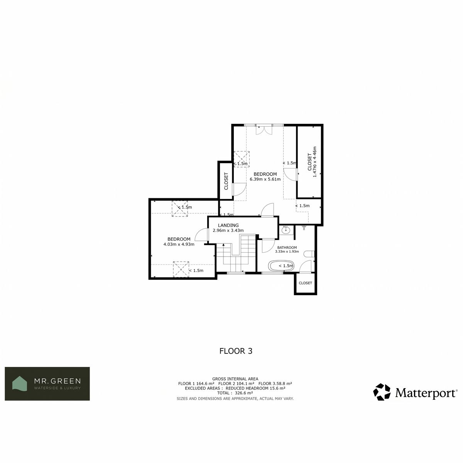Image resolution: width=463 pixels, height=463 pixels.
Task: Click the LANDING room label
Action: pyautogui.click(x=228, y=225)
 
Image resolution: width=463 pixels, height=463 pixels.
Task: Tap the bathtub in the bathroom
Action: pyautogui.click(x=281, y=265)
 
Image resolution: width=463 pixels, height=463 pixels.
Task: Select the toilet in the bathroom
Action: pyautogui.click(x=309, y=254)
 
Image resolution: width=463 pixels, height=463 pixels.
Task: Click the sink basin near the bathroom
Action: pyautogui.click(x=286, y=231)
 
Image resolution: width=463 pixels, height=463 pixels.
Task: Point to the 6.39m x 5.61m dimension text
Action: pyautogui.click(x=265, y=179)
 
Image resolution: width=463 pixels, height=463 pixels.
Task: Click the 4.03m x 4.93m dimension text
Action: pyautogui.click(x=179, y=244)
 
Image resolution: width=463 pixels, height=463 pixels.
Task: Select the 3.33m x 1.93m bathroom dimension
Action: pyautogui.click(x=287, y=252)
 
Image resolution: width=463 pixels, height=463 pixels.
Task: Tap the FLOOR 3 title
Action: pyautogui.click(x=236, y=351)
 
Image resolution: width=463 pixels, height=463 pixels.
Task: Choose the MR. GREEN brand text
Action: pyautogui.click(x=57, y=381)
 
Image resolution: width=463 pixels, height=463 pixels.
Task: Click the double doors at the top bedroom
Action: pyautogui.click(x=264, y=130)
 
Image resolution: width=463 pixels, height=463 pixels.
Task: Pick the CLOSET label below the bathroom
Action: pyautogui.click(x=305, y=283)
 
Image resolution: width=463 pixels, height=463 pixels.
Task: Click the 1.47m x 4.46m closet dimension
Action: pyautogui.click(x=315, y=162)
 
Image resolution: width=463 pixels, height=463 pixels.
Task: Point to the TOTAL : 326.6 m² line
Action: pyautogui.click(x=235, y=393)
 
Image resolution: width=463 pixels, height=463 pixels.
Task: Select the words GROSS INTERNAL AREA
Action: pyautogui.click(x=235, y=379)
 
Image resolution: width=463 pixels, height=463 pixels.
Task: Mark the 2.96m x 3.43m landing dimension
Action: pyautogui.click(x=228, y=230)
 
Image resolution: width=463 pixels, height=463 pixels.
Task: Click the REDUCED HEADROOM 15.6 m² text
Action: pyautogui.click(x=255, y=388)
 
